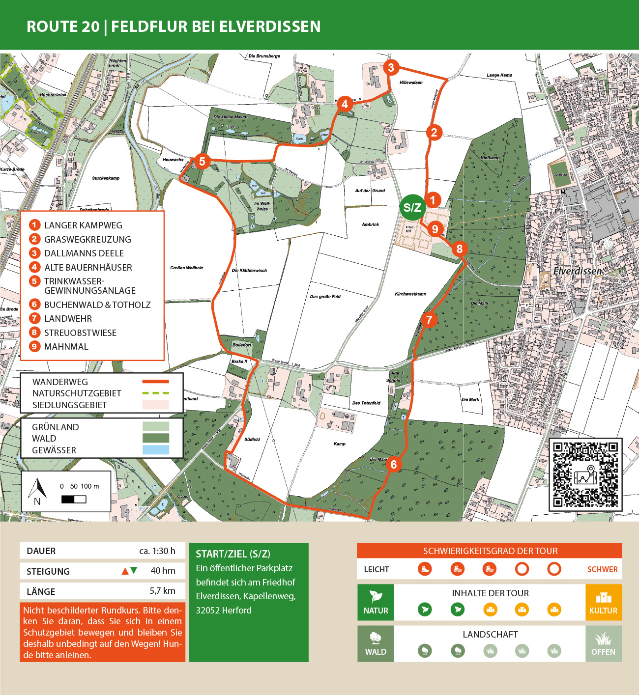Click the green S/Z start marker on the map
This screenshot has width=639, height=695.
412,207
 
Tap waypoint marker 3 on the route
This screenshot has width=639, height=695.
391,67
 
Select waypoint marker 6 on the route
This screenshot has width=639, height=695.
393,464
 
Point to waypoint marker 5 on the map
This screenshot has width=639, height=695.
202,161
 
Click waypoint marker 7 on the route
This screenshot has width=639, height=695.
429,320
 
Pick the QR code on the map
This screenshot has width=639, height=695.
585,474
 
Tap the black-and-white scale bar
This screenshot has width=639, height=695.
74,500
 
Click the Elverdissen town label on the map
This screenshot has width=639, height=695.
578,271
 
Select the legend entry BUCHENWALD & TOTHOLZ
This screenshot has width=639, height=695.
97,305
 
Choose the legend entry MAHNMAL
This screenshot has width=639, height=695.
66,346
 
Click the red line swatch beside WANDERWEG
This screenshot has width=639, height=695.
155,381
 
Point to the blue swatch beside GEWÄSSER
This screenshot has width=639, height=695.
155,450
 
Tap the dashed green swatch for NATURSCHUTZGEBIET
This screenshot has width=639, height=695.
155,393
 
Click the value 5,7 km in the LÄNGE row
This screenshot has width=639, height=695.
162,591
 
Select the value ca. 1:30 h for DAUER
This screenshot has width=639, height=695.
157,551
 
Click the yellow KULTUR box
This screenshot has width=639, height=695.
603,602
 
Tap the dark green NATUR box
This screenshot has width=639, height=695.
376,602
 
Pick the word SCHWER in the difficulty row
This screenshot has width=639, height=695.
602,569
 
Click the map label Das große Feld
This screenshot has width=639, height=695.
325,297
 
